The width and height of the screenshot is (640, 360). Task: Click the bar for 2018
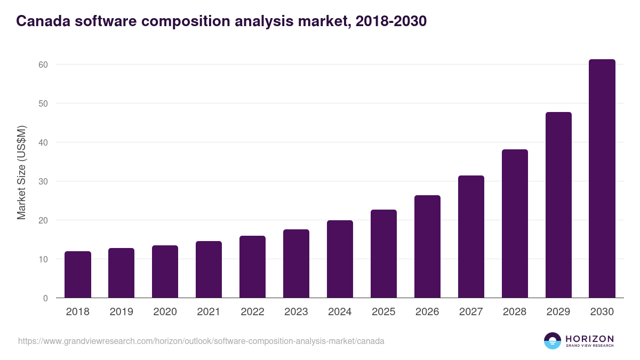pos(78,275)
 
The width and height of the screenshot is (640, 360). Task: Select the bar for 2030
pos(602,179)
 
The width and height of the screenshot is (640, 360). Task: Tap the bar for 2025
pos(383,254)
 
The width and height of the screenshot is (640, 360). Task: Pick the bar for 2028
pos(515,223)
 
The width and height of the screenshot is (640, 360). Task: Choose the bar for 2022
pos(252,267)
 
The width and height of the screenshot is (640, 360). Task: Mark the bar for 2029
pos(558,205)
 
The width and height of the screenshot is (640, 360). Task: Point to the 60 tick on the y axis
pos(43,65)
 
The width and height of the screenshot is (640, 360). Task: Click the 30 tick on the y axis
pos(43,181)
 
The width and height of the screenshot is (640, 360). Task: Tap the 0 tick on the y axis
pos(45,298)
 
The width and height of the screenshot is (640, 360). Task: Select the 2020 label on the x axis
pos(165,312)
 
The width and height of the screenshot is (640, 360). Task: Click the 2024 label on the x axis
pos(340,312)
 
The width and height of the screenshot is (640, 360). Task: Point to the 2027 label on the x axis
pos(471,312)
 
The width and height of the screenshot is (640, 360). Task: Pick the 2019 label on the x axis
pos(122,312)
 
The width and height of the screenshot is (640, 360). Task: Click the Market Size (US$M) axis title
pos(21,172)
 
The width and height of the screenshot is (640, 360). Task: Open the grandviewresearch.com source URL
pos(201,341)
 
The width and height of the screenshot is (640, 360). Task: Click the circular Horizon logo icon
pos(553,341)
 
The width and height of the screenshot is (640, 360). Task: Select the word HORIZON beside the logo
pos(589,339)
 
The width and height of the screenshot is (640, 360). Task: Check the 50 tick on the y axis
pos(43,103)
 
